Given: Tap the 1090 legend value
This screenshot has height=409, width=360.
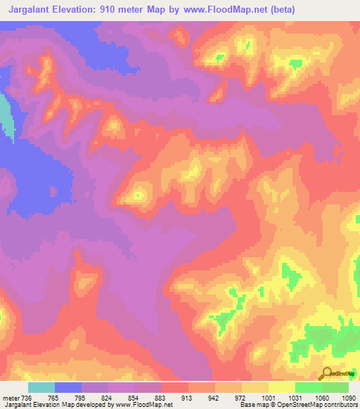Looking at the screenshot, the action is (x=347, y=398).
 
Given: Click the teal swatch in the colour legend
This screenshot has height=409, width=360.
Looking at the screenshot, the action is (x=41, y=387).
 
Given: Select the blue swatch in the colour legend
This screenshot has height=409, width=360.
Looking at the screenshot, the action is (x=68, y=387).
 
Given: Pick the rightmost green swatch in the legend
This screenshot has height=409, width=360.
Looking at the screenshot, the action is (x=335, y=387).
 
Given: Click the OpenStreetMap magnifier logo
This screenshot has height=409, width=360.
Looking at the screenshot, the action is (x=326, y=373).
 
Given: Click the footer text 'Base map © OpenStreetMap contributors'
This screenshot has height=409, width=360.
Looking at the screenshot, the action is (x=297, y=405).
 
